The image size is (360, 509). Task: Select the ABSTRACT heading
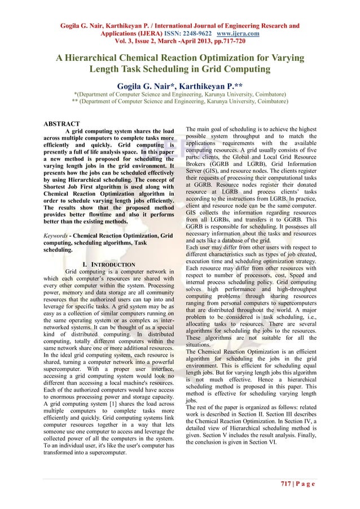(x=62, y=124)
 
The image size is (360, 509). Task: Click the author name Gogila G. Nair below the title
(x=146, y=86)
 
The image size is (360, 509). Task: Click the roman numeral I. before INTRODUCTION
(x=85, y=264)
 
